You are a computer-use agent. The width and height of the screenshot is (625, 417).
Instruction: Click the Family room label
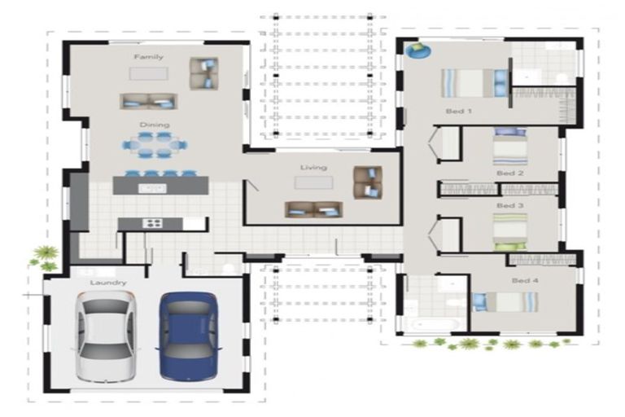(149, 57)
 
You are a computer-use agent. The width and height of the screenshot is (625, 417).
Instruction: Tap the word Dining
(155, 125)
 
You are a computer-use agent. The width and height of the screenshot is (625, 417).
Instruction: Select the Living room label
(313, 168)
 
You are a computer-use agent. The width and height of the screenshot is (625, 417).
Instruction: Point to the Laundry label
(108, 283)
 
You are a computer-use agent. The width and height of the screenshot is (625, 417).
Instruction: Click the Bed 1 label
(459, 111)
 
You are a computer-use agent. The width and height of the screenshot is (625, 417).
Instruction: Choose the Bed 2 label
(510, 173)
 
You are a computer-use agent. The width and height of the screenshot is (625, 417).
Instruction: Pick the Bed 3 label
(510, 205)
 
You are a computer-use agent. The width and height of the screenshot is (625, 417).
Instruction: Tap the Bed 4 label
(526, 280)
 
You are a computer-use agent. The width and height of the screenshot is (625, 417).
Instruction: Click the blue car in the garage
(189, 336)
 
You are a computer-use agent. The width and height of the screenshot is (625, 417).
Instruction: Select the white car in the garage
(107, 336)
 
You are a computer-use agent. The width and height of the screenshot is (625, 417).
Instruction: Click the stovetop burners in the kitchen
(152, 223)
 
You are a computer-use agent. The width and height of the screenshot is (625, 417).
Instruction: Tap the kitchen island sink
(153, 188)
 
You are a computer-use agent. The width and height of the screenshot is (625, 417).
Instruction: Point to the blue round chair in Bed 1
(417, 50)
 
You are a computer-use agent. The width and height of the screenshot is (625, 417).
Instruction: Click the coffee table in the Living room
(313, 182)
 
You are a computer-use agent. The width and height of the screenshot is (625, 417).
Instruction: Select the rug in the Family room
(148, 74)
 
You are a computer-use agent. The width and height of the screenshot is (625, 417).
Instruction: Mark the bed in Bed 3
(510, 232)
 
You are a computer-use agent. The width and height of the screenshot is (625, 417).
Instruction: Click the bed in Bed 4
(505, 302)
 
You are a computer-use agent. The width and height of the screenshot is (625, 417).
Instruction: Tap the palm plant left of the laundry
(46, 258)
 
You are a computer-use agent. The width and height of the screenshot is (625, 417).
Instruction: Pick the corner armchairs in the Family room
(203, 73)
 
